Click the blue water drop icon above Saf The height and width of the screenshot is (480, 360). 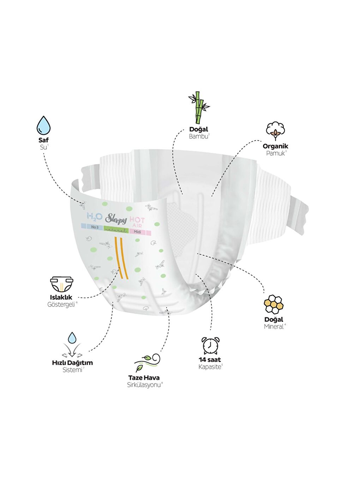43,125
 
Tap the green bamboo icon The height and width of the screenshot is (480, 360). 199,107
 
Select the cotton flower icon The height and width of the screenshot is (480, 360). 275,131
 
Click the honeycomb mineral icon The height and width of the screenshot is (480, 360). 274,304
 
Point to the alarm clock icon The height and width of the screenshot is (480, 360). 210,346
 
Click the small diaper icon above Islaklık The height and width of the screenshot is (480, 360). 61,284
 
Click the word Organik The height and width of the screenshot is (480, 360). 275,146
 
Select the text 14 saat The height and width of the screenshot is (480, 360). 210,360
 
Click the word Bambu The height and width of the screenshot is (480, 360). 198,137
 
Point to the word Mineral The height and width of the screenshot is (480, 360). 274,327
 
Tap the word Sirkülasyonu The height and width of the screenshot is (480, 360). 143,385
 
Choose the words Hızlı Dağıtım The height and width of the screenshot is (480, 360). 72,363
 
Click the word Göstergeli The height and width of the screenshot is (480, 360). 61,305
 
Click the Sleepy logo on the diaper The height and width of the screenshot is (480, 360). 116,219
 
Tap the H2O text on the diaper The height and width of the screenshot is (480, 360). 95,216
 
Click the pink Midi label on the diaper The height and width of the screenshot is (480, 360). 137,232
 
